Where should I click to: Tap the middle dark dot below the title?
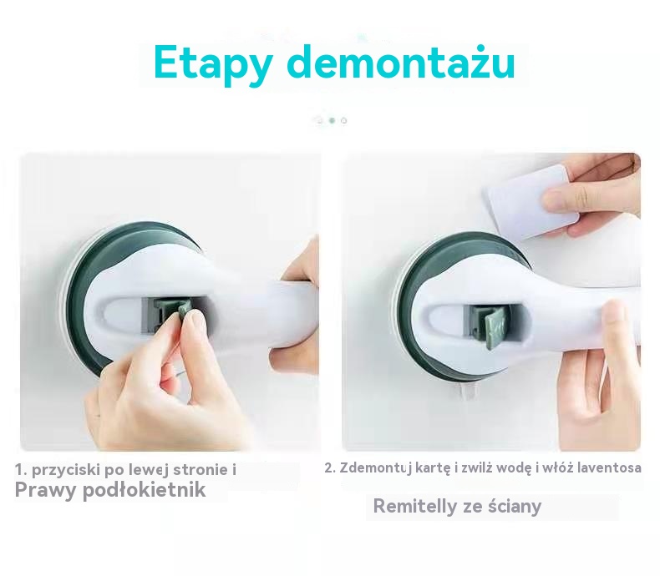[x=332, y=121]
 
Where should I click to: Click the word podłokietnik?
[x=144, y=489]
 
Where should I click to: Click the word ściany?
[x=515, y=506]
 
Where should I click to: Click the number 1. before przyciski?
[x=21, y=470]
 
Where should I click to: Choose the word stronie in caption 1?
[x=200, y=469]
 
